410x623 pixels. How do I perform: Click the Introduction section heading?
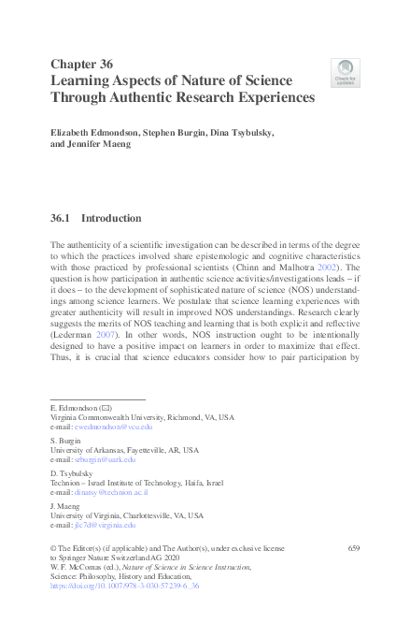[x=112, y=219]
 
